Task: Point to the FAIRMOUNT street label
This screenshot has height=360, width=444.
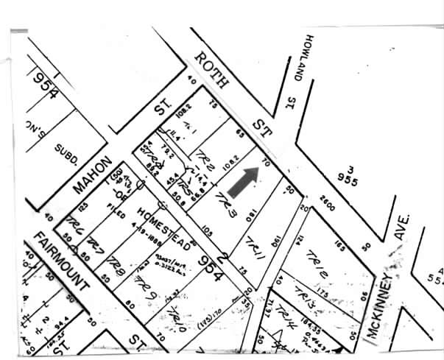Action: point(63,259)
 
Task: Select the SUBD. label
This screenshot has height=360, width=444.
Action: point(68,157)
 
